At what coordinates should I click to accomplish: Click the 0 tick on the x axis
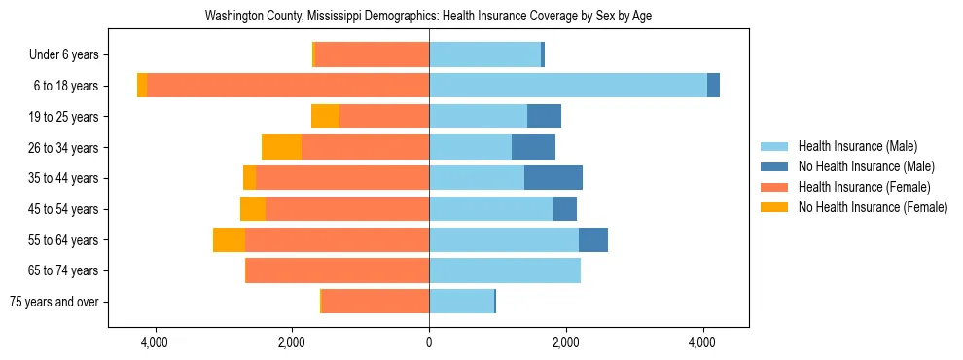click(429, 342)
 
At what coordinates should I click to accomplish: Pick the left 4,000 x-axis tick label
click(155, 342)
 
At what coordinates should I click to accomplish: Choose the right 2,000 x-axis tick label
click(566, 342)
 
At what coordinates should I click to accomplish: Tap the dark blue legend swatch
click(775, 166)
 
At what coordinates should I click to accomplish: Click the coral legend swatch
click(775, 187)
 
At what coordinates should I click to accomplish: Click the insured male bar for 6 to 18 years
click(568, 86)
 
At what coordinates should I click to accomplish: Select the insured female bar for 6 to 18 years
click(288, 86)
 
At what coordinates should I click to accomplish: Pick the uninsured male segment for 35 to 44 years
click(553, 178)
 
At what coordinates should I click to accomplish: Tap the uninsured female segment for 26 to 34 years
click(281, 147)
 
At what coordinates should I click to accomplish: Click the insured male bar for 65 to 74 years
click(505, 270)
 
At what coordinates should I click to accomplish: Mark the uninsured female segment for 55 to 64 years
click(229, 239)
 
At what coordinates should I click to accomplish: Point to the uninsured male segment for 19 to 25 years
click(544, 117)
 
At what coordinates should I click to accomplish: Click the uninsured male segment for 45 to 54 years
click(565, 209)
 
